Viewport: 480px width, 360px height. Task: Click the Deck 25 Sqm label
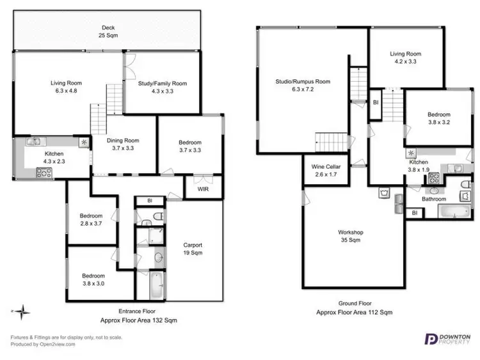click(108, 31)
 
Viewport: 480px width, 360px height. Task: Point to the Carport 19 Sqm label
click(193, 249)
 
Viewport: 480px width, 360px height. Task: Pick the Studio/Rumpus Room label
click(303, 86)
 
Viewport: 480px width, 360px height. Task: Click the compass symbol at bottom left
click(23, 313)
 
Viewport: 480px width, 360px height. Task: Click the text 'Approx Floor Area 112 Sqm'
click(354, 313)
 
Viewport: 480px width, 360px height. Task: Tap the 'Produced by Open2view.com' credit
click(43, 344)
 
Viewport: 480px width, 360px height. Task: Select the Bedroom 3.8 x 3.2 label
click(439, 118)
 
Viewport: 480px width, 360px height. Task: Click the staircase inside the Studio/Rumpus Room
click(330, 140)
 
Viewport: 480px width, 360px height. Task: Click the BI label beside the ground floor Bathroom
click(414, 212)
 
